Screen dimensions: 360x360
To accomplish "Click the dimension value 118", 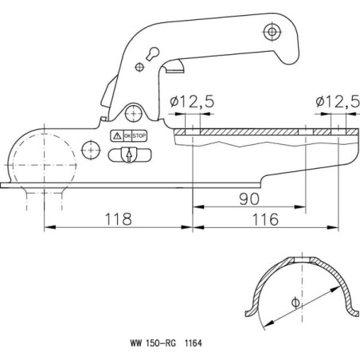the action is click(119, 219).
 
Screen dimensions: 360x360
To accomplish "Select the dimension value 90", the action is click(249, 199).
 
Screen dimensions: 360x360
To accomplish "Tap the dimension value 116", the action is click(265, 219).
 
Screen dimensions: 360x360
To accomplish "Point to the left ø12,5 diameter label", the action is click(192, 102).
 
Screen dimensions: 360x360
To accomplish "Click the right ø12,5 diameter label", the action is click(338, 102).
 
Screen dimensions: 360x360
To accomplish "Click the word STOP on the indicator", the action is click(139, 136).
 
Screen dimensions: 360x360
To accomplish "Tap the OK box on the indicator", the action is click(127, 136).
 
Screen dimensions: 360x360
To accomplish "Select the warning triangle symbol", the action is click(117, 136).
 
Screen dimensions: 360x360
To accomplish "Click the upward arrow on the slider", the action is click(129, 156).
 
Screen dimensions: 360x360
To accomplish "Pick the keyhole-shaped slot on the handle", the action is click(152, 53).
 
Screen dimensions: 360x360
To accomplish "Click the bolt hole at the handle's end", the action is click(272, 32).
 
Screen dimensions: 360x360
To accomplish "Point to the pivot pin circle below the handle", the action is click(134, 114).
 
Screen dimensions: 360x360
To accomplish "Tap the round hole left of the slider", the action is click(91, 151).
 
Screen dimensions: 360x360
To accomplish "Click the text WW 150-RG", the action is click(153, 343).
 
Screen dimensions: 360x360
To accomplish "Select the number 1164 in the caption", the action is click(194, 343).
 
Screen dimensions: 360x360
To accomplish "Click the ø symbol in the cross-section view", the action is click(295, 303).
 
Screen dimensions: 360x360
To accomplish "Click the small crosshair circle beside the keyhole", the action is click(139, 67).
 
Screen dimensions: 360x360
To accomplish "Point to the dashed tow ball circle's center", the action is click(44, 165).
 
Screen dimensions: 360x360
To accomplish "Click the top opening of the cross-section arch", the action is click(303, 260).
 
